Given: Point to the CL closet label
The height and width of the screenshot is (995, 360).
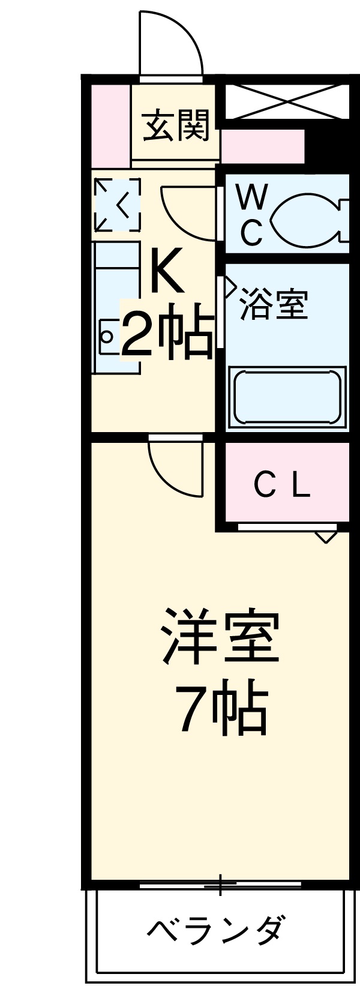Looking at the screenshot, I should (282, 485).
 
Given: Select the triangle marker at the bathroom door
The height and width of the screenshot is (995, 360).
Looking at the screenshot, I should (229, 287).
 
